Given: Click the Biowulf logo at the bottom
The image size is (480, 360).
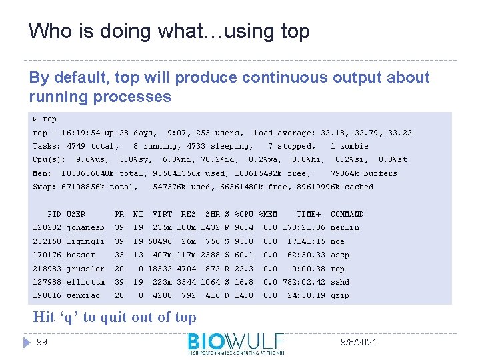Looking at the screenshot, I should [236, 343].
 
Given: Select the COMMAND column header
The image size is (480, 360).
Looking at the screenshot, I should [347, 214].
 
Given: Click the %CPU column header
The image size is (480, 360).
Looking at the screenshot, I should [244, 214].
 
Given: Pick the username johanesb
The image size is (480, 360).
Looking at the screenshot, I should [85, 227].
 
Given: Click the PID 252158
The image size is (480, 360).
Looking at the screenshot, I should [47, 241].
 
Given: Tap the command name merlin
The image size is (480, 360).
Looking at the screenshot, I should [345, 227].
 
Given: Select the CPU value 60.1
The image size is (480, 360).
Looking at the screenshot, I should [244, 255].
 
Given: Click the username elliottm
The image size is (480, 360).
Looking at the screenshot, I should [85, 282].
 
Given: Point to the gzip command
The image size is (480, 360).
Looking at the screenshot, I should [339, 295].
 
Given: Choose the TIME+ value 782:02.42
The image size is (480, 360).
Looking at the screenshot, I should [304, 282].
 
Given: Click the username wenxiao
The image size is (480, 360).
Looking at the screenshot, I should [83, 295].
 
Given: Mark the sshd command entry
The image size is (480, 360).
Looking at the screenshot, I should [339, 282].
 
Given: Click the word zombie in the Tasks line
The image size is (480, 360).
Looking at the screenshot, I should [354, 146].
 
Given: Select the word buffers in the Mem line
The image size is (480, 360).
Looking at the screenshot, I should [380, 173].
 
